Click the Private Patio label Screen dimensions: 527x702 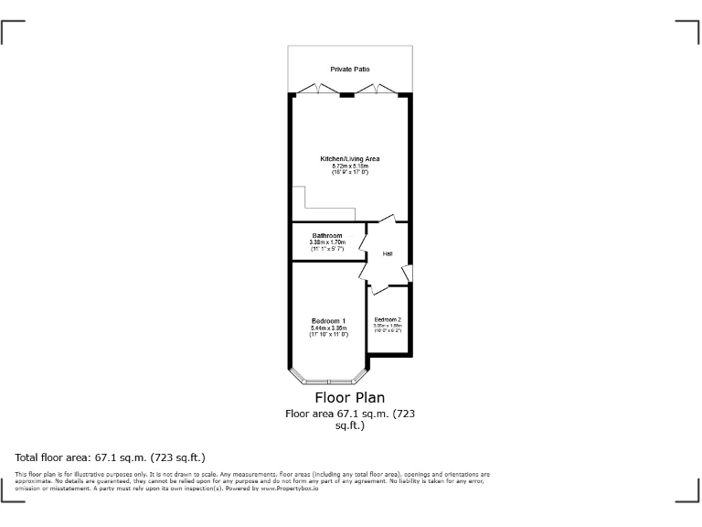pyautogui.click(x=350, y=70)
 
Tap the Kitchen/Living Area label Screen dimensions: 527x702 pyautogui.click(x=350, y=158)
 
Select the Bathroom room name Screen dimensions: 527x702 pyautogui.click(x=326, y=235)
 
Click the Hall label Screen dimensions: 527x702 pyautogui.click(x=388, y=253)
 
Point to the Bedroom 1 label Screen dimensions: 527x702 pyautogui.click(x=328, y=320)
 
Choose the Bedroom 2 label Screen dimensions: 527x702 pyautogui.click(x=388, y=318)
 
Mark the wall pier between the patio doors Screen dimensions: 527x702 pyautogui.click(x=347, y=94)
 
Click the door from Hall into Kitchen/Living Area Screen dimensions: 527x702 pyautogui.click(x=385, y=220)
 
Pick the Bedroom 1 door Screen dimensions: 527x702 pyautogui.click(x=365, y=272)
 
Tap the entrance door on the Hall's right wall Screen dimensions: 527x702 pyautogui.click(x=407, y=273)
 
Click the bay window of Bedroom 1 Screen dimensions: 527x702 pyautogui.click(x=329, y=378)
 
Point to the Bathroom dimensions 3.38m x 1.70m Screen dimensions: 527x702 pyautogui.click(x=326, y=242)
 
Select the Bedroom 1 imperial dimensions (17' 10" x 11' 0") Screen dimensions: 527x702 pyautogui.click(x=328, y=335)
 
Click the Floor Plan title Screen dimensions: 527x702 pyautogui.click(x=350, y=397)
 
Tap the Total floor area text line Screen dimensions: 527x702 pyautogui.click(x=111, y=457)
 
